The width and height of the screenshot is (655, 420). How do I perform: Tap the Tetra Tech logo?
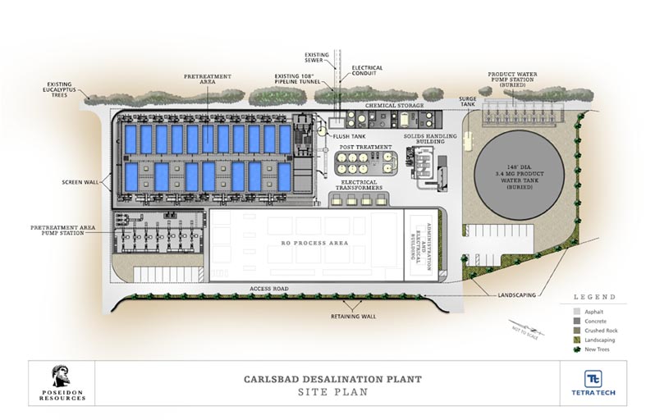593,383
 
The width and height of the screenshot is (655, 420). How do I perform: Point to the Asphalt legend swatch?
577,312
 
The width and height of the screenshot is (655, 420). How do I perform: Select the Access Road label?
272,290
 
